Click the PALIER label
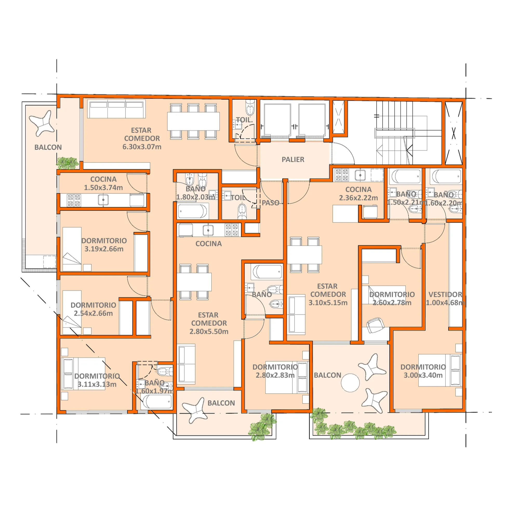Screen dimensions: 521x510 [x=293, y=160]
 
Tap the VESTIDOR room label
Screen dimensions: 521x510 [x=445, y=295]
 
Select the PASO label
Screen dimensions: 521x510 [x=270, y=203]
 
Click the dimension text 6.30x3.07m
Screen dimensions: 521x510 [x=142, y=147]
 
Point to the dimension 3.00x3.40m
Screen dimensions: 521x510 [x=423, y=375]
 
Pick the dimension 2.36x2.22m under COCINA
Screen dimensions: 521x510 [x=358, y=198]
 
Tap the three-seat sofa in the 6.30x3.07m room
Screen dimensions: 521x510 [x=116, y=109]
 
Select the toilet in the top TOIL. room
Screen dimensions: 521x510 [x=250, y=107]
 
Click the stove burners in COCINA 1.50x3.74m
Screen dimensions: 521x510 [x=74, y=200]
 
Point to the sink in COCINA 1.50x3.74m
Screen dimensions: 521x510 [x=103, y=200]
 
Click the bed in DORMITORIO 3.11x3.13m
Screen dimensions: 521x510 [x=83, y=374]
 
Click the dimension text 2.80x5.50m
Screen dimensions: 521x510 [x=209, y=332]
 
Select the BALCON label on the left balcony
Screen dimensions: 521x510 [x=48, y=147]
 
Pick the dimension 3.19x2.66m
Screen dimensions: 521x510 [x=104, y=249]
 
